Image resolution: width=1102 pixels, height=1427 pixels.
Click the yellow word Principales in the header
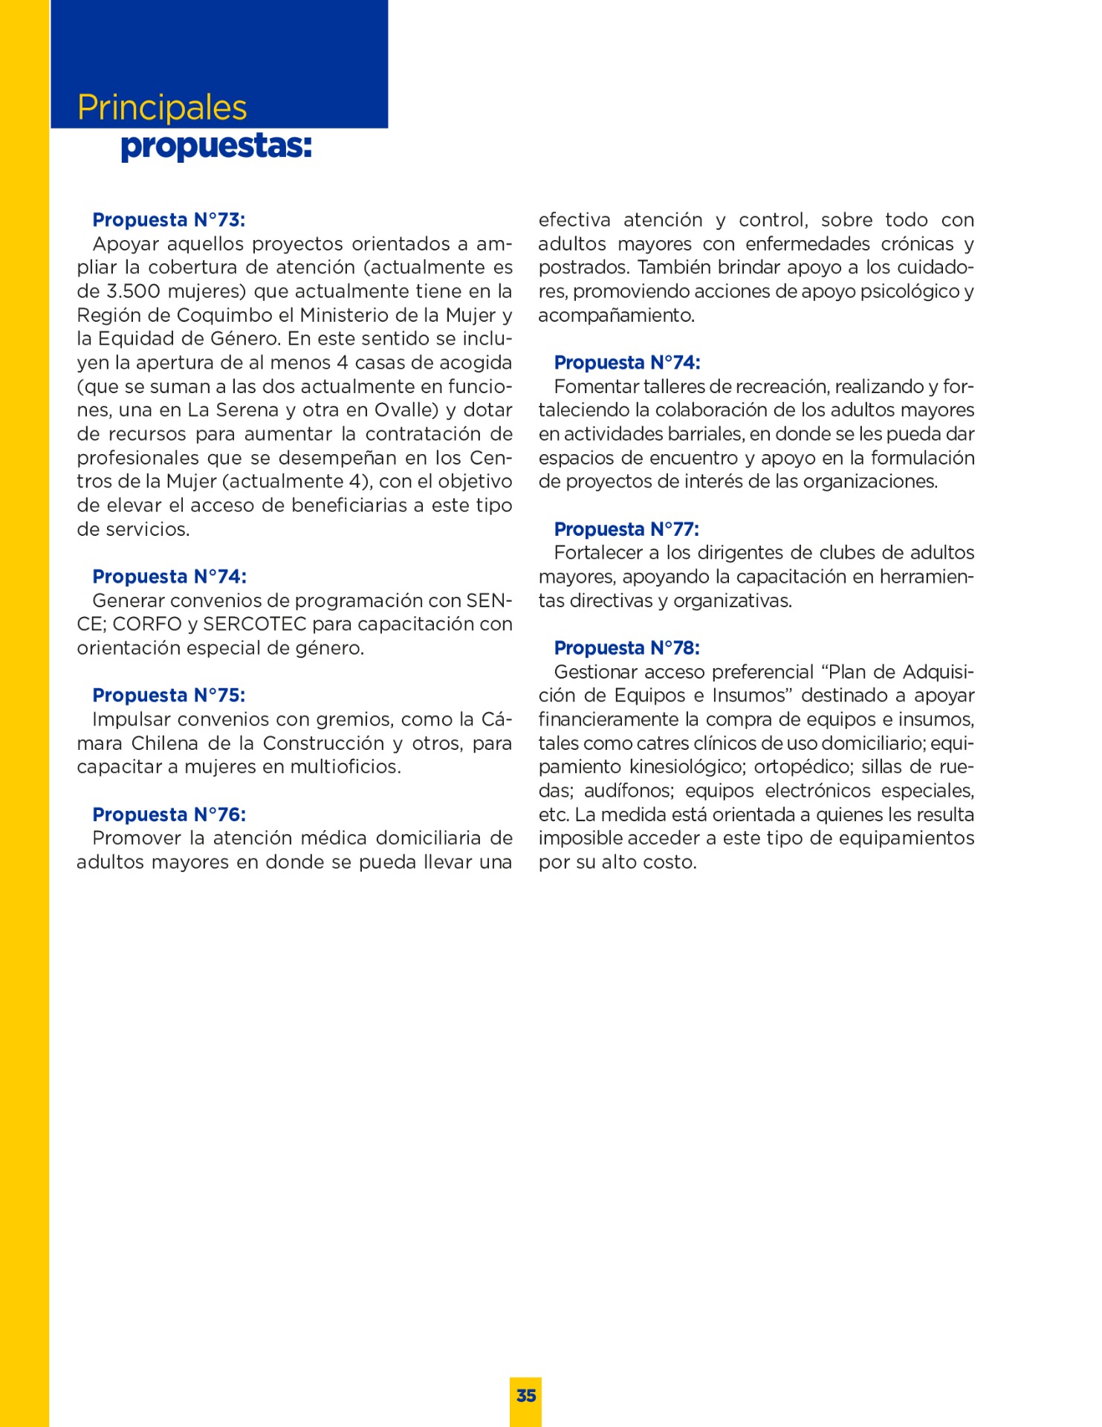click(x=162, y=109)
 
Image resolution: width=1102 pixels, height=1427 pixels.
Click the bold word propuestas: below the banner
click(x=215, y=146)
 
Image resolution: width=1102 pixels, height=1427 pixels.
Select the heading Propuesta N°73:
click(x=169, y=220)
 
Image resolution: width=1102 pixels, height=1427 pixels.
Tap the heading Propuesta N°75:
click(x=169, y=696)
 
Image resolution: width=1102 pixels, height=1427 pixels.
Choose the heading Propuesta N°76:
click(x=169, y=815)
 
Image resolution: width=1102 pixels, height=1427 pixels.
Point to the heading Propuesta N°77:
click(x=626, y=529)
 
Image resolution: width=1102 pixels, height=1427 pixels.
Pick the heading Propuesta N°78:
click(x=626, y=648)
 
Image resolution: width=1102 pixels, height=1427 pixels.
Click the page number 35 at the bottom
click(x=526, y=1396)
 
